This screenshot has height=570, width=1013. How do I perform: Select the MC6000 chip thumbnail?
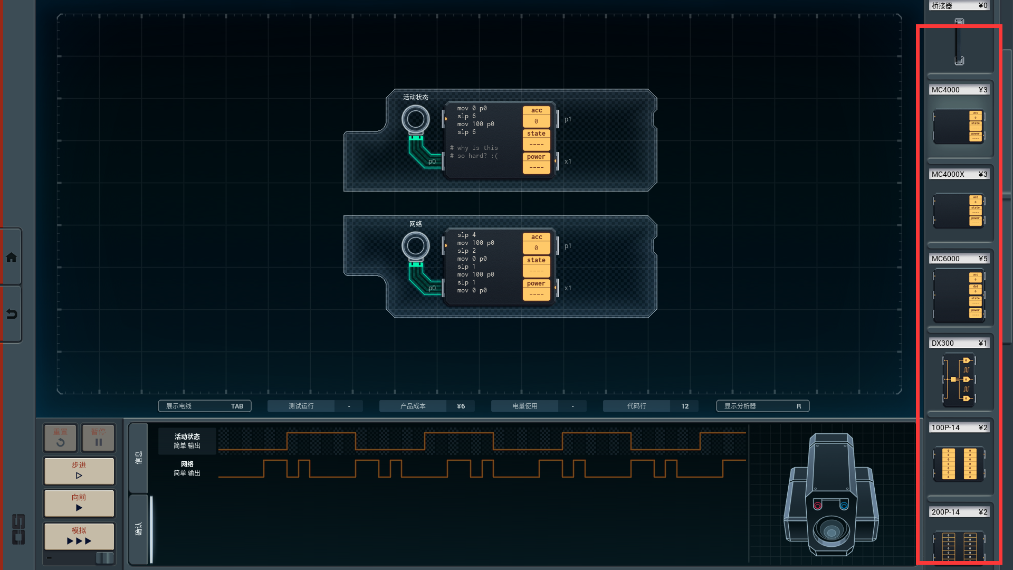(959, 295)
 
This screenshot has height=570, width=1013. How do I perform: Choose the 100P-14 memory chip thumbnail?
(959, 464)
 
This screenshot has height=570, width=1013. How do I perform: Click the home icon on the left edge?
(11, 258)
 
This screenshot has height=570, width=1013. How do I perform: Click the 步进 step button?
(79, 470)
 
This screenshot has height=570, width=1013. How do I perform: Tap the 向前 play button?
(79, 502)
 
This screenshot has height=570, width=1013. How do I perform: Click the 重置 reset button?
(60, 438)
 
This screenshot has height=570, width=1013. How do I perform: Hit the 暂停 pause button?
(98, 438)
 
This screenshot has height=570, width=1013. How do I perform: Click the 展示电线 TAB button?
(204, 406)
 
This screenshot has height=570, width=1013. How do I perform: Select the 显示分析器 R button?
(762, 406)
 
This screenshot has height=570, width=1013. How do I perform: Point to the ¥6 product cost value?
(461, 406)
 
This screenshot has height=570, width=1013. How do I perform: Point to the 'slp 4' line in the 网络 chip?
(466, 235)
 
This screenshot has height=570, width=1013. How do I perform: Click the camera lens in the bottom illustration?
(831, 531)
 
